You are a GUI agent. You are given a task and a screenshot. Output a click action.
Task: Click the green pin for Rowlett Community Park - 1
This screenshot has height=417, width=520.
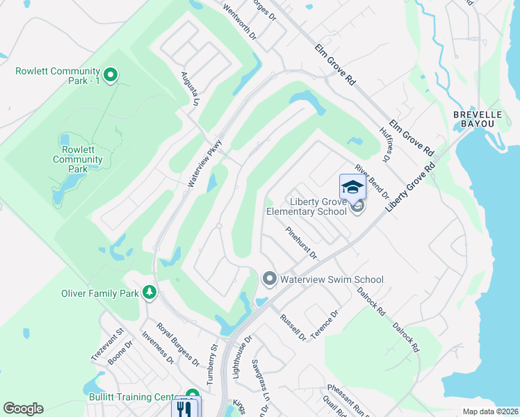(x=110, y=74)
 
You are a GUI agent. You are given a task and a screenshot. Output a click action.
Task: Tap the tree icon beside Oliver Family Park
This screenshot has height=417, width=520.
(x=149, y=293)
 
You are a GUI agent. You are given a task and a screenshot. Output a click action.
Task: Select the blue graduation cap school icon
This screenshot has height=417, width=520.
(x=352, y=187)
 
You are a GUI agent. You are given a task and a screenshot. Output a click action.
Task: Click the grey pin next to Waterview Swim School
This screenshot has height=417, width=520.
(x=270, y=279)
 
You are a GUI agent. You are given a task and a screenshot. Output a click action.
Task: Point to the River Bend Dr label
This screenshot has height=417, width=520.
(x=370, y=181)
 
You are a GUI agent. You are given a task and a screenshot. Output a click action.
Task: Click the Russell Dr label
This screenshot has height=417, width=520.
(x=293, y=327)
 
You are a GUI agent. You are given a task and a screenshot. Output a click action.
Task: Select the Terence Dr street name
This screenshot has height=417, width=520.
(x=325, y=324)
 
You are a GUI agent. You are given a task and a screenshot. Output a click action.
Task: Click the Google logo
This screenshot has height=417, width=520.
(x=23, y=409)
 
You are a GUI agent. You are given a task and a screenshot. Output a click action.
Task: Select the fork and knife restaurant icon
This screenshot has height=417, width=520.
(x=184, y=408)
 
